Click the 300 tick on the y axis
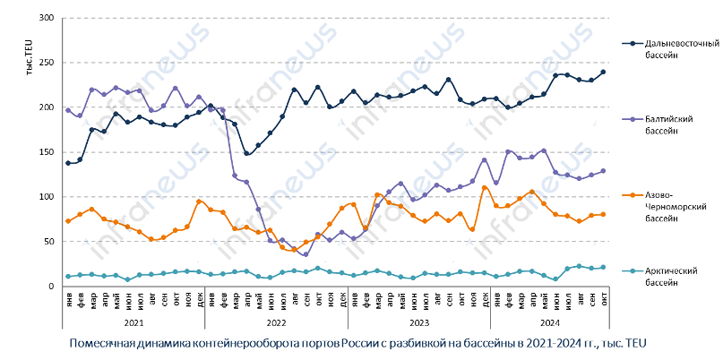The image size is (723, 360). click(x=47, y=18)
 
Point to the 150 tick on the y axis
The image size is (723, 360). click(x=47, y=152)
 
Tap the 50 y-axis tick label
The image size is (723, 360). click(x=50, y=242)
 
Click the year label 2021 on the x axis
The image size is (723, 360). click(x=133, y=321)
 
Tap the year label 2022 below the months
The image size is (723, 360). click(x=277, y=321)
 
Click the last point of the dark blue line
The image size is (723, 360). click(x=604, y=72)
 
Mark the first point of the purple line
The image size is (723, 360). click(x=68, y=110)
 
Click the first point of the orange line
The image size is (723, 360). click(x=68, y=221)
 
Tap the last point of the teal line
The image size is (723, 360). click(x=604, y=267)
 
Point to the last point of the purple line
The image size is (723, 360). click(x=604, y=171)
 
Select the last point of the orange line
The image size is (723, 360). click(x=604, y=214)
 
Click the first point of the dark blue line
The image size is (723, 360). click(x=68, y=163)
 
